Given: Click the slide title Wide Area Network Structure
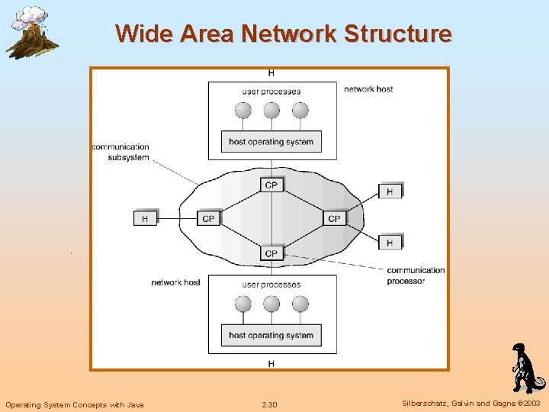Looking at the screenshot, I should pos(283,34).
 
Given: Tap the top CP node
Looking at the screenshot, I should pos(271,185).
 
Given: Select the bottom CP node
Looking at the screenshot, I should pos(271,253).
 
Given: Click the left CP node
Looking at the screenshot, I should pos(208,218).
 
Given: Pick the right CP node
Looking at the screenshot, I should pos(334,218).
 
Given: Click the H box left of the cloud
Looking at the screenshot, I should pos(145,218).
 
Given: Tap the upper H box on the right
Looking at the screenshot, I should pos(390,192).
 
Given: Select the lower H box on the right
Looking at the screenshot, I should pos(390,243).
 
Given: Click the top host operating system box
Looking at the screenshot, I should pos(271,141).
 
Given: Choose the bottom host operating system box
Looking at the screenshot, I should pos(271,335).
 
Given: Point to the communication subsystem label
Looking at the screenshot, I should pos(120,151).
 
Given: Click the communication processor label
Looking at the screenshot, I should pos(416,275).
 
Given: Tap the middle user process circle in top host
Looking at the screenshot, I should pos(271,111).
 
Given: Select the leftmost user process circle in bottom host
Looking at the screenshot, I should pos(243,304).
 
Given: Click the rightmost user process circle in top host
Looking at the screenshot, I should pos(300,111).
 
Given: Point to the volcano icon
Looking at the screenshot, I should pos(30,32).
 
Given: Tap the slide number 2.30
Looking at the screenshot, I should pos(269,404).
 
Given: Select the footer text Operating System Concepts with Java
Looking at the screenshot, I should pos(74,404).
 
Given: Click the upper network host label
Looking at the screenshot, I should pos(368,89).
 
